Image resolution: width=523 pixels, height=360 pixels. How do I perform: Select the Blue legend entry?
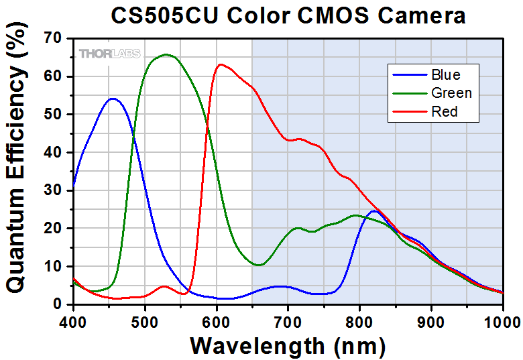click(446, 74)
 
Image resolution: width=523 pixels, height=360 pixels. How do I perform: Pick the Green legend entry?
click(451, 93)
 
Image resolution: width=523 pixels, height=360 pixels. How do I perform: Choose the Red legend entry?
click(445, 112)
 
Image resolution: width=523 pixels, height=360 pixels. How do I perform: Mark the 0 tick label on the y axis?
click(59, 304)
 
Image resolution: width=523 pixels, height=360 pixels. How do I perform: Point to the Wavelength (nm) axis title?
click(288, 345)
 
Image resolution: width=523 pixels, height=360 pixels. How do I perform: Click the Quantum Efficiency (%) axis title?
click(16, 171)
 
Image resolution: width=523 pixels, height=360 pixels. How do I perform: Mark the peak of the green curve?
click(166, 55)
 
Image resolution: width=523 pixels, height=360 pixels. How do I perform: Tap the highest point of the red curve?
click(221, 64)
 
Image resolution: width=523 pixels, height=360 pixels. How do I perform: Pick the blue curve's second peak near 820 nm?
click(374, 211)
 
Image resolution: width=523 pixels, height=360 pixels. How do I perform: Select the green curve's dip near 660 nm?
click(259, 265)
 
